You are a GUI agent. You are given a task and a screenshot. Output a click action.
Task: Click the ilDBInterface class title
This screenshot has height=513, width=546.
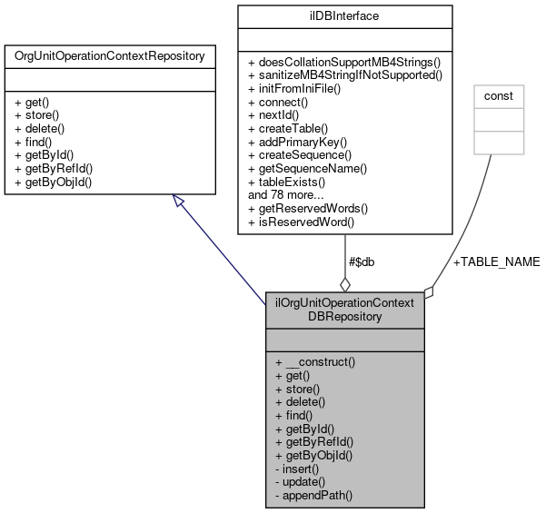[344, 15]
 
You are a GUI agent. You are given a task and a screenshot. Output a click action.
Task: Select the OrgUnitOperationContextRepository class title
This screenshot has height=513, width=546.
[109, 56]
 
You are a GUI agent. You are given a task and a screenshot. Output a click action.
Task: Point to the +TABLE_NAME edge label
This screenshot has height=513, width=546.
[496, 261]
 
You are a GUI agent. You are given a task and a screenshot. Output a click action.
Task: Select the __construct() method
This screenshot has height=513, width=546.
[315, 360]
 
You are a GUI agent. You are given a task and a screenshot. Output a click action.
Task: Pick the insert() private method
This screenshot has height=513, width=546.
[301, 469]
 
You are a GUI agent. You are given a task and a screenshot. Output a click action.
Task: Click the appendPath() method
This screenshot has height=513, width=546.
[314, 496]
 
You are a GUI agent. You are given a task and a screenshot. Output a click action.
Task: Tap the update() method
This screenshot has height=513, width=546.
[303, 482]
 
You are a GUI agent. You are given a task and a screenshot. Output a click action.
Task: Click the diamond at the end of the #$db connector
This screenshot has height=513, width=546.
[344, 283]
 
